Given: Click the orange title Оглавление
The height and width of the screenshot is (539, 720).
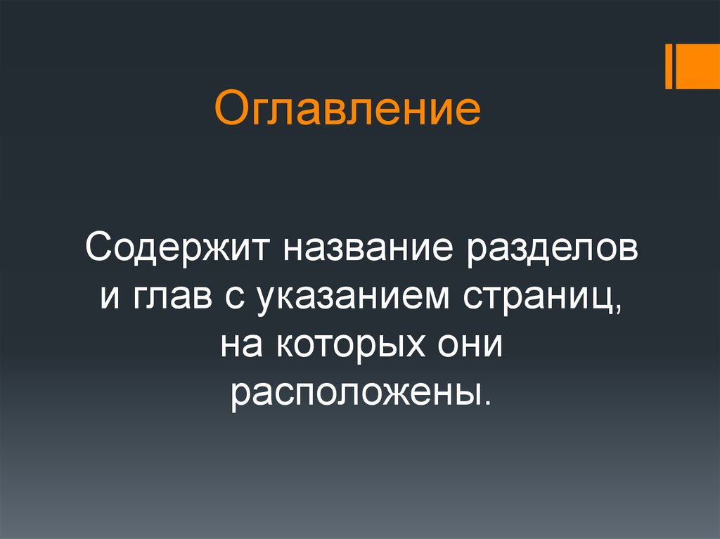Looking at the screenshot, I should pos(347,109).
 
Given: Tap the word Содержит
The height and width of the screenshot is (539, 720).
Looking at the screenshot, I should pos(179,250).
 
